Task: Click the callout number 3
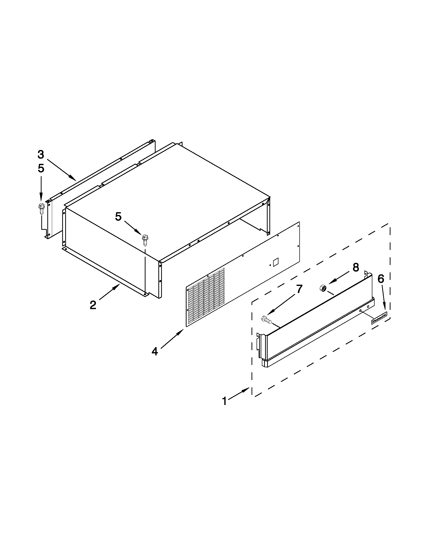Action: [x=41, y=155]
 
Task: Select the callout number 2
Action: [x=93, y=305]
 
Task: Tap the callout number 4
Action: [x=155, y=351]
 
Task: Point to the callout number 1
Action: [x=224, y=401]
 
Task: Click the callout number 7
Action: [x=299, y=289]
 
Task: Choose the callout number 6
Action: [x=381, y=279]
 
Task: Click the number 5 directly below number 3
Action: [x=41, y=168]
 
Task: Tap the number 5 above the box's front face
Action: [x=118, y=217]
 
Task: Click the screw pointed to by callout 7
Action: [x=266, y=319]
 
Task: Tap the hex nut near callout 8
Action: [x=323, y=288]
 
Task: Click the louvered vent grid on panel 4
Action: [x=205, y=297]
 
